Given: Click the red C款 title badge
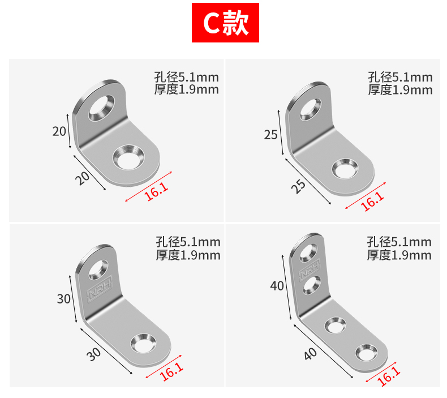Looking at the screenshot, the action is (225, 23).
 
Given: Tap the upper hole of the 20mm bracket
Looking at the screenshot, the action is (101, 108).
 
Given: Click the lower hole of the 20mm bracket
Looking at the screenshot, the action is (128, 157).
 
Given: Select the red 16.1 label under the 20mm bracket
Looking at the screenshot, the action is (157, 191).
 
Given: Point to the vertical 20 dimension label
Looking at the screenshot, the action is (59, 131).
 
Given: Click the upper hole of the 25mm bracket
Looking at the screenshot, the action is (311, 109).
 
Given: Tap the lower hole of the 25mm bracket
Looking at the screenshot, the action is (345, 169).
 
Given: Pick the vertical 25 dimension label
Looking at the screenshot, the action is (270, 135).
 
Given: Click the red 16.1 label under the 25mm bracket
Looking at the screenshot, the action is (372, 201).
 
